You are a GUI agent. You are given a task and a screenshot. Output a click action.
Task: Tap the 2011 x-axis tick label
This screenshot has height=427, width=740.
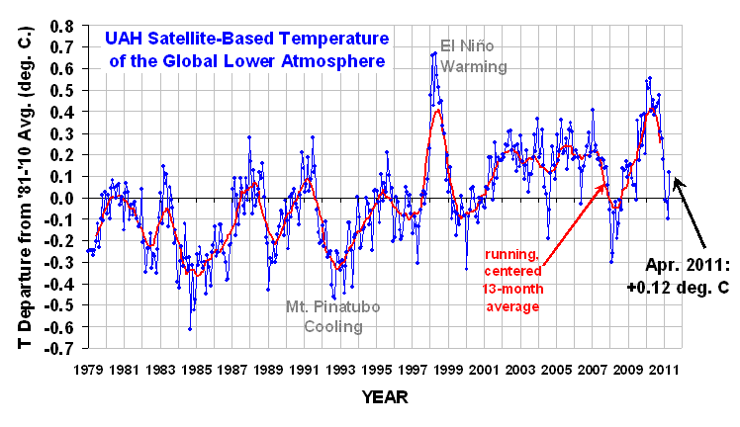coord(666,370)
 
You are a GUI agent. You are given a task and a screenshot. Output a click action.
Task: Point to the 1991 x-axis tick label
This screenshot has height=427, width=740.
coord(305,370)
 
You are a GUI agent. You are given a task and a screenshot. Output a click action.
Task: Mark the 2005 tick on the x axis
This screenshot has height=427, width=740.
coord(557,370)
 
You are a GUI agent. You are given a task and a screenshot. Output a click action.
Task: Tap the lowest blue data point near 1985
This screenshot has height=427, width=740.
coord(189,329)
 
